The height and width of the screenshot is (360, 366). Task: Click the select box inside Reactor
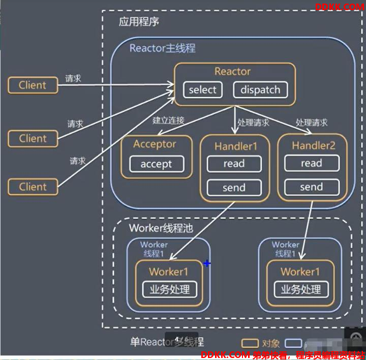pos(203,90)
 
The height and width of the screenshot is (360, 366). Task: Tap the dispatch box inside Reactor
pos(260,90)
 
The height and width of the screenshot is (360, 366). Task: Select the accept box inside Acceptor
pos(156,164)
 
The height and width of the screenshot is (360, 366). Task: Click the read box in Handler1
pos(234,164)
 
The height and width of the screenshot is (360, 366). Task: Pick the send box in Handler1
pos(234,188)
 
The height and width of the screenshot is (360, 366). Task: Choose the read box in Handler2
pos(311,163)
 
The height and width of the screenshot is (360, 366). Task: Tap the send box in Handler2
pos(311,187)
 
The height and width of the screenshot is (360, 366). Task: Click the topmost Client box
pos(33,85)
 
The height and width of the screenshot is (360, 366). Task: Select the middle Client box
pos(33,138)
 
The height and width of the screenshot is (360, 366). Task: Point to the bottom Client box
pos(33,187)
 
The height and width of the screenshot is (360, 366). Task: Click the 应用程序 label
pos(139,22)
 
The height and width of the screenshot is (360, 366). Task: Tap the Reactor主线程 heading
pos(162,49)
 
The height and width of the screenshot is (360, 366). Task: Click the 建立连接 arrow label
pos(168,121)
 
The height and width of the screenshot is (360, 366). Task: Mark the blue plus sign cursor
pos(207,263)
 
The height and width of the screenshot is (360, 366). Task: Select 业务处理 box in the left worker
pos(169,290)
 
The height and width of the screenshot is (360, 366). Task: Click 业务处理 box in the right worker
pos(300,290)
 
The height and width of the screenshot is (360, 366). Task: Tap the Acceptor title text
pos(155,144)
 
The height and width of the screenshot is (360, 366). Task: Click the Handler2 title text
pos(313,146)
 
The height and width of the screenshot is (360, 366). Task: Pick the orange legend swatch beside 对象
pos(249,343)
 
